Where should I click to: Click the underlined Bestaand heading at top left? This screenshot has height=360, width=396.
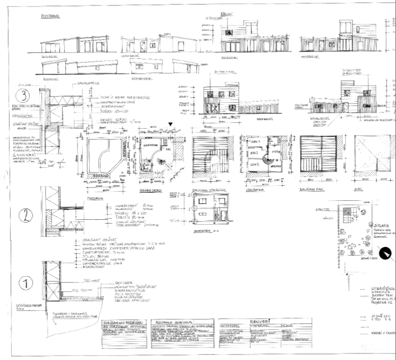tap(50, 16)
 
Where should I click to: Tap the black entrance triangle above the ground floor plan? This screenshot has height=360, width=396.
tap(171, 125)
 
